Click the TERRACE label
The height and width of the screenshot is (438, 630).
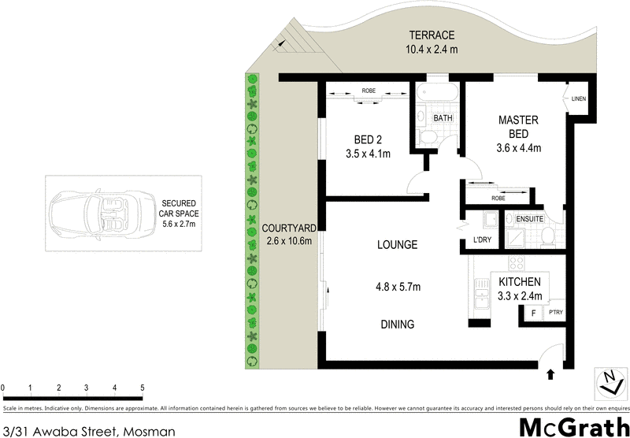click(432, 35)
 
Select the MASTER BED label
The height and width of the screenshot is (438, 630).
click(518, 126)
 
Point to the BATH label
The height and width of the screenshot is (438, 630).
click(443, 118)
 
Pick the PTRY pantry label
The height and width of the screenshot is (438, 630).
click(555, 314)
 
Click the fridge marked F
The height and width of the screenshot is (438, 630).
click(533, 314)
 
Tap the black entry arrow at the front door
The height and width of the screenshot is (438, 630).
click(550, 373)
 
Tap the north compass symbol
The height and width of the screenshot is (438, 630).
click(609, 383)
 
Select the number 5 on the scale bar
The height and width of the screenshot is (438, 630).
click(143, 388)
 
